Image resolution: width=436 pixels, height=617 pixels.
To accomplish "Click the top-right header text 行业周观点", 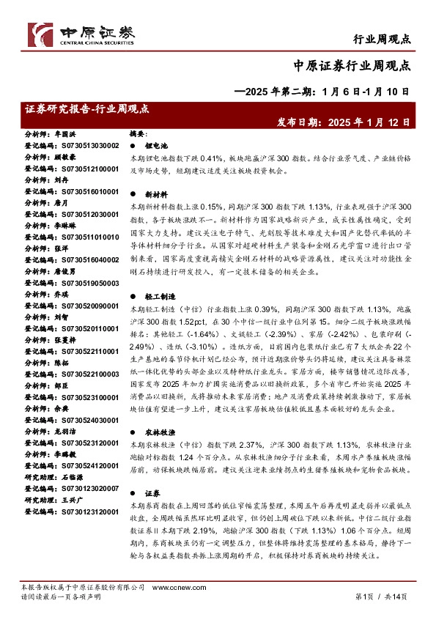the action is click(383, 39).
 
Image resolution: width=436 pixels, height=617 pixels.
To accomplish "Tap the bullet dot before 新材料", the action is click(132, 196).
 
